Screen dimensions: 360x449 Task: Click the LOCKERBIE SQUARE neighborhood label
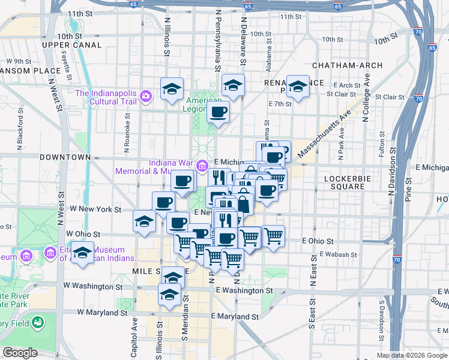pos(345,182)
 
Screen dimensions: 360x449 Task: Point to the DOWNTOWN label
pos(65,157)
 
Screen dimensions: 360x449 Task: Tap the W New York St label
pos(96,209)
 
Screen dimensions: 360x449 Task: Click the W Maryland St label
pos(102,313)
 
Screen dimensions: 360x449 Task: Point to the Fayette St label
pos(68,68)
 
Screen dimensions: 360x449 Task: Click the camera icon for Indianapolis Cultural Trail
pos(145,96)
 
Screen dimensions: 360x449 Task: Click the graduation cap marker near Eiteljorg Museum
pos(83,252)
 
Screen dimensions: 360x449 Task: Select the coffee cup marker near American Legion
pos(218,111)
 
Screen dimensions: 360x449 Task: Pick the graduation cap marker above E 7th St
pos(298,86)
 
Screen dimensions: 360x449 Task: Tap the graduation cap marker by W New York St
pos(144,222)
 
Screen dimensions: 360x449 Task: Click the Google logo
pos(20,353)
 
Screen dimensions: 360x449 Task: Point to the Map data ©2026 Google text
pos(412,355)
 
